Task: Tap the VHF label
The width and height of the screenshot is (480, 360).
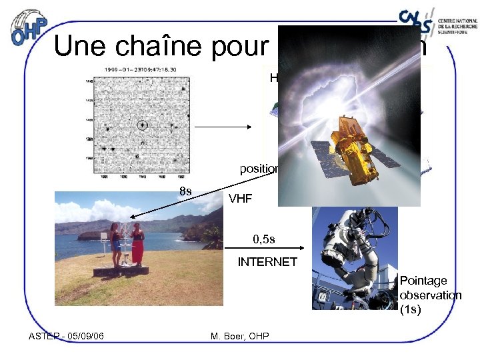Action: (x=240, y=199)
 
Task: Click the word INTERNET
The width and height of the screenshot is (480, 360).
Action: (x=267, y=262)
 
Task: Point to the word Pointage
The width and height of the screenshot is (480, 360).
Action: (x=423, y=281)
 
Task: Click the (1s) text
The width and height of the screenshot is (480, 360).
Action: (x=410, y=309)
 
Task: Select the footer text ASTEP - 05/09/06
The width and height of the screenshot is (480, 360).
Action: (x=66, y=336)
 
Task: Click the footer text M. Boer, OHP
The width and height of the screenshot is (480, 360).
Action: (x=239, y=336)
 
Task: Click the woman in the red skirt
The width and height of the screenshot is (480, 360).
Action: (x=137, y=245)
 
